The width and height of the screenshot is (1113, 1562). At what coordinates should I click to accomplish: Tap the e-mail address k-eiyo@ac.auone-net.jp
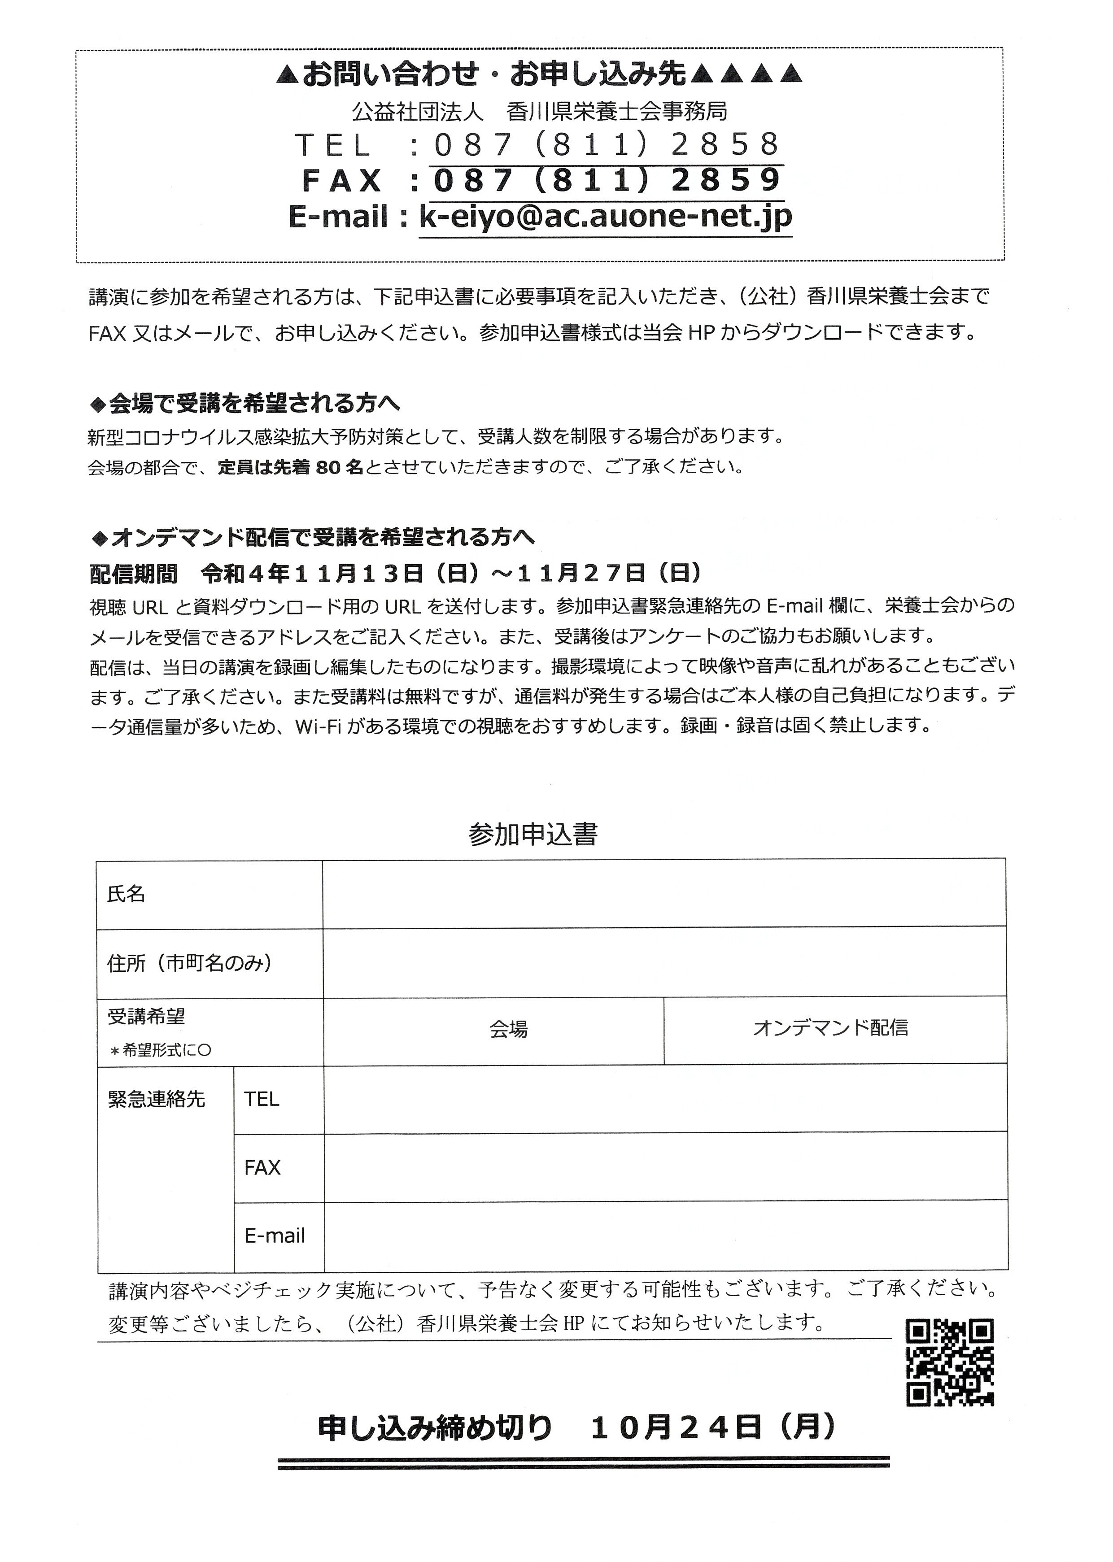pyautogui.click(x=605, y=217)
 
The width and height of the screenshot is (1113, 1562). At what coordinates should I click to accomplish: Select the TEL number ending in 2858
pyautogui.click(x=607, y=144)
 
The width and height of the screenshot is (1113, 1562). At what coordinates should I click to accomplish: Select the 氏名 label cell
pyautogui.click(x=209, y=894)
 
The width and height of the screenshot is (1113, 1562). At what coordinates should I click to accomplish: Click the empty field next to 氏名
pyautogui.click(x=663, y=894)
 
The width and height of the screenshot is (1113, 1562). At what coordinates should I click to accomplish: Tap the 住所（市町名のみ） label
pyautogui.click(x=190, y=963)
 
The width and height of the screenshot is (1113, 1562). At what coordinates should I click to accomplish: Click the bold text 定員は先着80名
pyautogui.click(x=291, y=467)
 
